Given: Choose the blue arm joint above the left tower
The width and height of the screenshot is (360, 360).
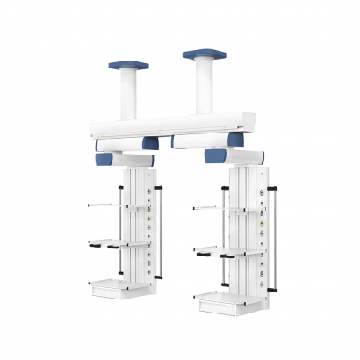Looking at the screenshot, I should [128, 160].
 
